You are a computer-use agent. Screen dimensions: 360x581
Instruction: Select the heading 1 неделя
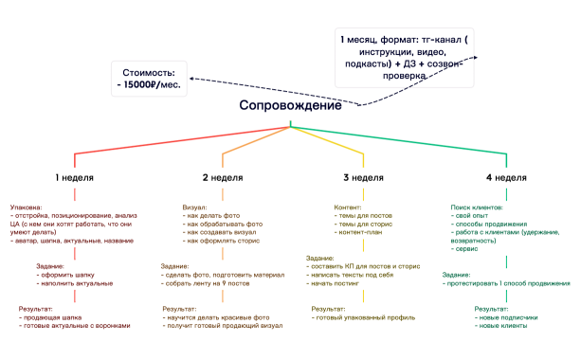[73, 177]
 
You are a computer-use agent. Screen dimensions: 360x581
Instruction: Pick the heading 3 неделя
[363, 177]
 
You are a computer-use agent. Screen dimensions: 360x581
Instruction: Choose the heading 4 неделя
[506, 177]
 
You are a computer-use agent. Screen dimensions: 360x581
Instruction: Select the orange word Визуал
[193, 207]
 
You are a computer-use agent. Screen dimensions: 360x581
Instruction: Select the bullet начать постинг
[337, 283]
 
